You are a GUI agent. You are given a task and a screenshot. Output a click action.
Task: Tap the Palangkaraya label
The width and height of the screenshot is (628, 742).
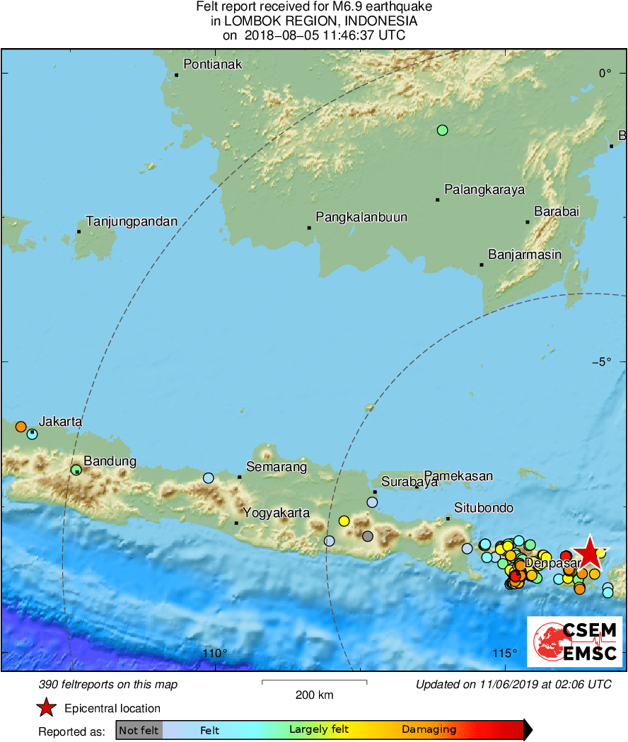click(x=484, y=190)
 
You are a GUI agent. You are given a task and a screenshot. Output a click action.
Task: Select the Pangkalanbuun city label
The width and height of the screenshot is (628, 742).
click(x=361, y=217)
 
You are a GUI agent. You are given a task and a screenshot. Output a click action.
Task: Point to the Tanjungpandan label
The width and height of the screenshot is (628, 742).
click(x=132, y=221)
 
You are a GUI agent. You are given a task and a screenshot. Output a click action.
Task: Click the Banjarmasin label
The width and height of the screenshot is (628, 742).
click(x=525, y=255)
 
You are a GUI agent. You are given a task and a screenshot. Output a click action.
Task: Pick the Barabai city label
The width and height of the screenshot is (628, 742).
click(x=557, y=211)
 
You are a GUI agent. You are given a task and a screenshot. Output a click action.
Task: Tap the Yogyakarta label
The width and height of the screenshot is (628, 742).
click(x=277, y=513)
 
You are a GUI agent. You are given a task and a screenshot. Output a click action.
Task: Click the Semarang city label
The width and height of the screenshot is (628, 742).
click(x=277, y=467)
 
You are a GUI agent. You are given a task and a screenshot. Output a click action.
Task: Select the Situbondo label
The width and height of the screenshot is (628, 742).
click(x=484, y=508)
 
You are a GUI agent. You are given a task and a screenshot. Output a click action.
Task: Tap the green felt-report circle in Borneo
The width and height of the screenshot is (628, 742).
click(x=443, y=129)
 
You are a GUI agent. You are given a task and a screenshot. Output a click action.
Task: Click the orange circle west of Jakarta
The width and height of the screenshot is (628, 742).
click(x=21, y=427)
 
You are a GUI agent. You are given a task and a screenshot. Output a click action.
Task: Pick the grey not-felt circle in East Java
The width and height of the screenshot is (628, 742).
click(x=367, y=536)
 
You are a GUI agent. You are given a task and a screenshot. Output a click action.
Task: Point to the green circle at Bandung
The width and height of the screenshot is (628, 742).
click(x=76, y=469)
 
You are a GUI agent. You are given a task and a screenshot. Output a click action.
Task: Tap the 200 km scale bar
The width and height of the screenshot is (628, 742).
click(x=315, y=682)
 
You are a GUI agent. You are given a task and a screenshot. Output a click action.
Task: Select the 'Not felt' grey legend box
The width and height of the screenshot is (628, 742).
click(x=139, y=730)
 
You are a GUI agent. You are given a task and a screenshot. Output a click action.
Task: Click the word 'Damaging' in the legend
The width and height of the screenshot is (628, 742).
click(x=429, y=730)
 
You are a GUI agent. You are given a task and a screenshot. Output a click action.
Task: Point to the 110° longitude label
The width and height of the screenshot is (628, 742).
click(x=215, y=653)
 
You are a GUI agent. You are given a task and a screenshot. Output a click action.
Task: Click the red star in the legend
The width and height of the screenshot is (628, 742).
click(x=46, y=707)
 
